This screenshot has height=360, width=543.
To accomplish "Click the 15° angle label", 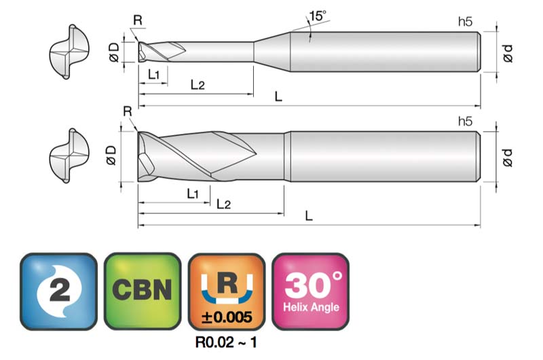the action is pos(318,16).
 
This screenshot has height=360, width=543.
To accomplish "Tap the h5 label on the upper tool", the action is pos(465,22).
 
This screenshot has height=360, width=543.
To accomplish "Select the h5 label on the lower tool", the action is pos(465,121).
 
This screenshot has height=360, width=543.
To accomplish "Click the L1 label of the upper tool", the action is pos(154,74).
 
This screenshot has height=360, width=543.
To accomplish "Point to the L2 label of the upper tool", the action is pos(198,84).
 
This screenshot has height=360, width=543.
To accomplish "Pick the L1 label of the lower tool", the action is pos(193,194).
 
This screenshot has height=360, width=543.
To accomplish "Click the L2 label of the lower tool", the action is pos(224,204).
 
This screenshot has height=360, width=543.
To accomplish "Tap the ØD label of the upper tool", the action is pos(114,52).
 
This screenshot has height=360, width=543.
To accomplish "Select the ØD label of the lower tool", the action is pos(111,156).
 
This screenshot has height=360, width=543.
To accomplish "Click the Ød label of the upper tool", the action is pos(508,54).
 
